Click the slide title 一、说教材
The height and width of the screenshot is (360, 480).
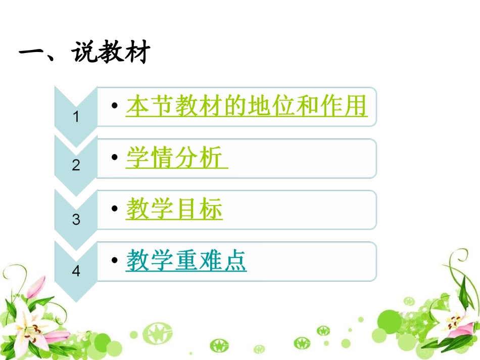84,52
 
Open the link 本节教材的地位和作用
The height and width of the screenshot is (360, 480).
246,107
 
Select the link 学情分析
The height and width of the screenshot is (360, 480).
175,159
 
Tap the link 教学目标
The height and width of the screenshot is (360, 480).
174,209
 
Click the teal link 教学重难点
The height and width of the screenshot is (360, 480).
186,261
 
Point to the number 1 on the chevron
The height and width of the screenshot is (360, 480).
76,118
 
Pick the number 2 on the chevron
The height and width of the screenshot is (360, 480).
76,165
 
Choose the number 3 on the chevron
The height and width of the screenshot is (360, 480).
76,220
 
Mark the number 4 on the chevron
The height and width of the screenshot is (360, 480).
76,271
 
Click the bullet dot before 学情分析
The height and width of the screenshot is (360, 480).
115,158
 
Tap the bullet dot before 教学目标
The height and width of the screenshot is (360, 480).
115,208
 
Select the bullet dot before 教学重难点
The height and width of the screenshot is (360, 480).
115,260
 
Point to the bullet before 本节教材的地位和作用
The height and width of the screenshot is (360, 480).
115,106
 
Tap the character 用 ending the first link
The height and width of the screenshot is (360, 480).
355,107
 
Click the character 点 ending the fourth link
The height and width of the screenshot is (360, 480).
235,261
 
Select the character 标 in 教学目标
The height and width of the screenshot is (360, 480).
211,209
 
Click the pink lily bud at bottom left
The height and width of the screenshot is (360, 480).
35,287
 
